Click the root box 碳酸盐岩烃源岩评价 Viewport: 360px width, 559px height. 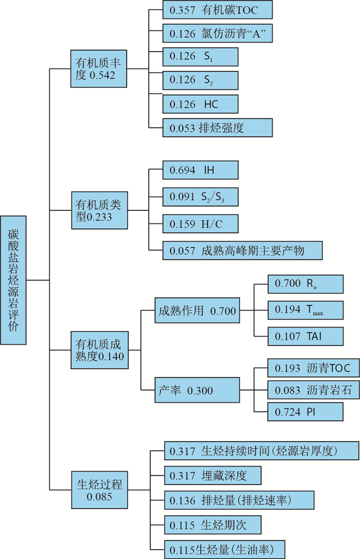(13, 280)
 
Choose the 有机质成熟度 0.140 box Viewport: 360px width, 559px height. (99, 350)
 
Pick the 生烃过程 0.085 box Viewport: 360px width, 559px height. (99, 490)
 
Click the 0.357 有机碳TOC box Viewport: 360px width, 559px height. (217, 10)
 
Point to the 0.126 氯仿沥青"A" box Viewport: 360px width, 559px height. (217, 33)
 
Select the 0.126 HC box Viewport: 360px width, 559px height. (201, 103)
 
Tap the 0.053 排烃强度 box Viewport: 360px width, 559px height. (217, 128)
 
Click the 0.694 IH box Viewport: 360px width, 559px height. (201, 169)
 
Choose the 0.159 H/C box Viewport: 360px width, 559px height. (201, 223)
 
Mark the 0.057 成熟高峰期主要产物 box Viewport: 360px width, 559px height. (242, 250)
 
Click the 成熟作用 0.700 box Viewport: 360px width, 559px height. (197, 311)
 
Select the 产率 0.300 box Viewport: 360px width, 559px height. (197, 390)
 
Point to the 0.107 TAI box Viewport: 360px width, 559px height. (305, 336)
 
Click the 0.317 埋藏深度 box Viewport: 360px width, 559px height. (213, 475)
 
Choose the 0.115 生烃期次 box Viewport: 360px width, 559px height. (213, 525)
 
